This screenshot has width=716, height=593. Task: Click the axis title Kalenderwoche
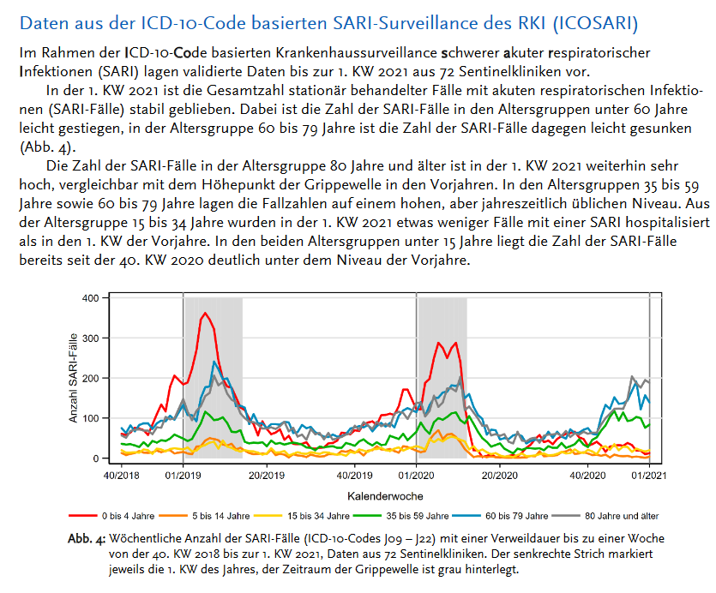[x=385, y=495]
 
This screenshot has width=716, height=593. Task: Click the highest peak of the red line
[x=205, y=314]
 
